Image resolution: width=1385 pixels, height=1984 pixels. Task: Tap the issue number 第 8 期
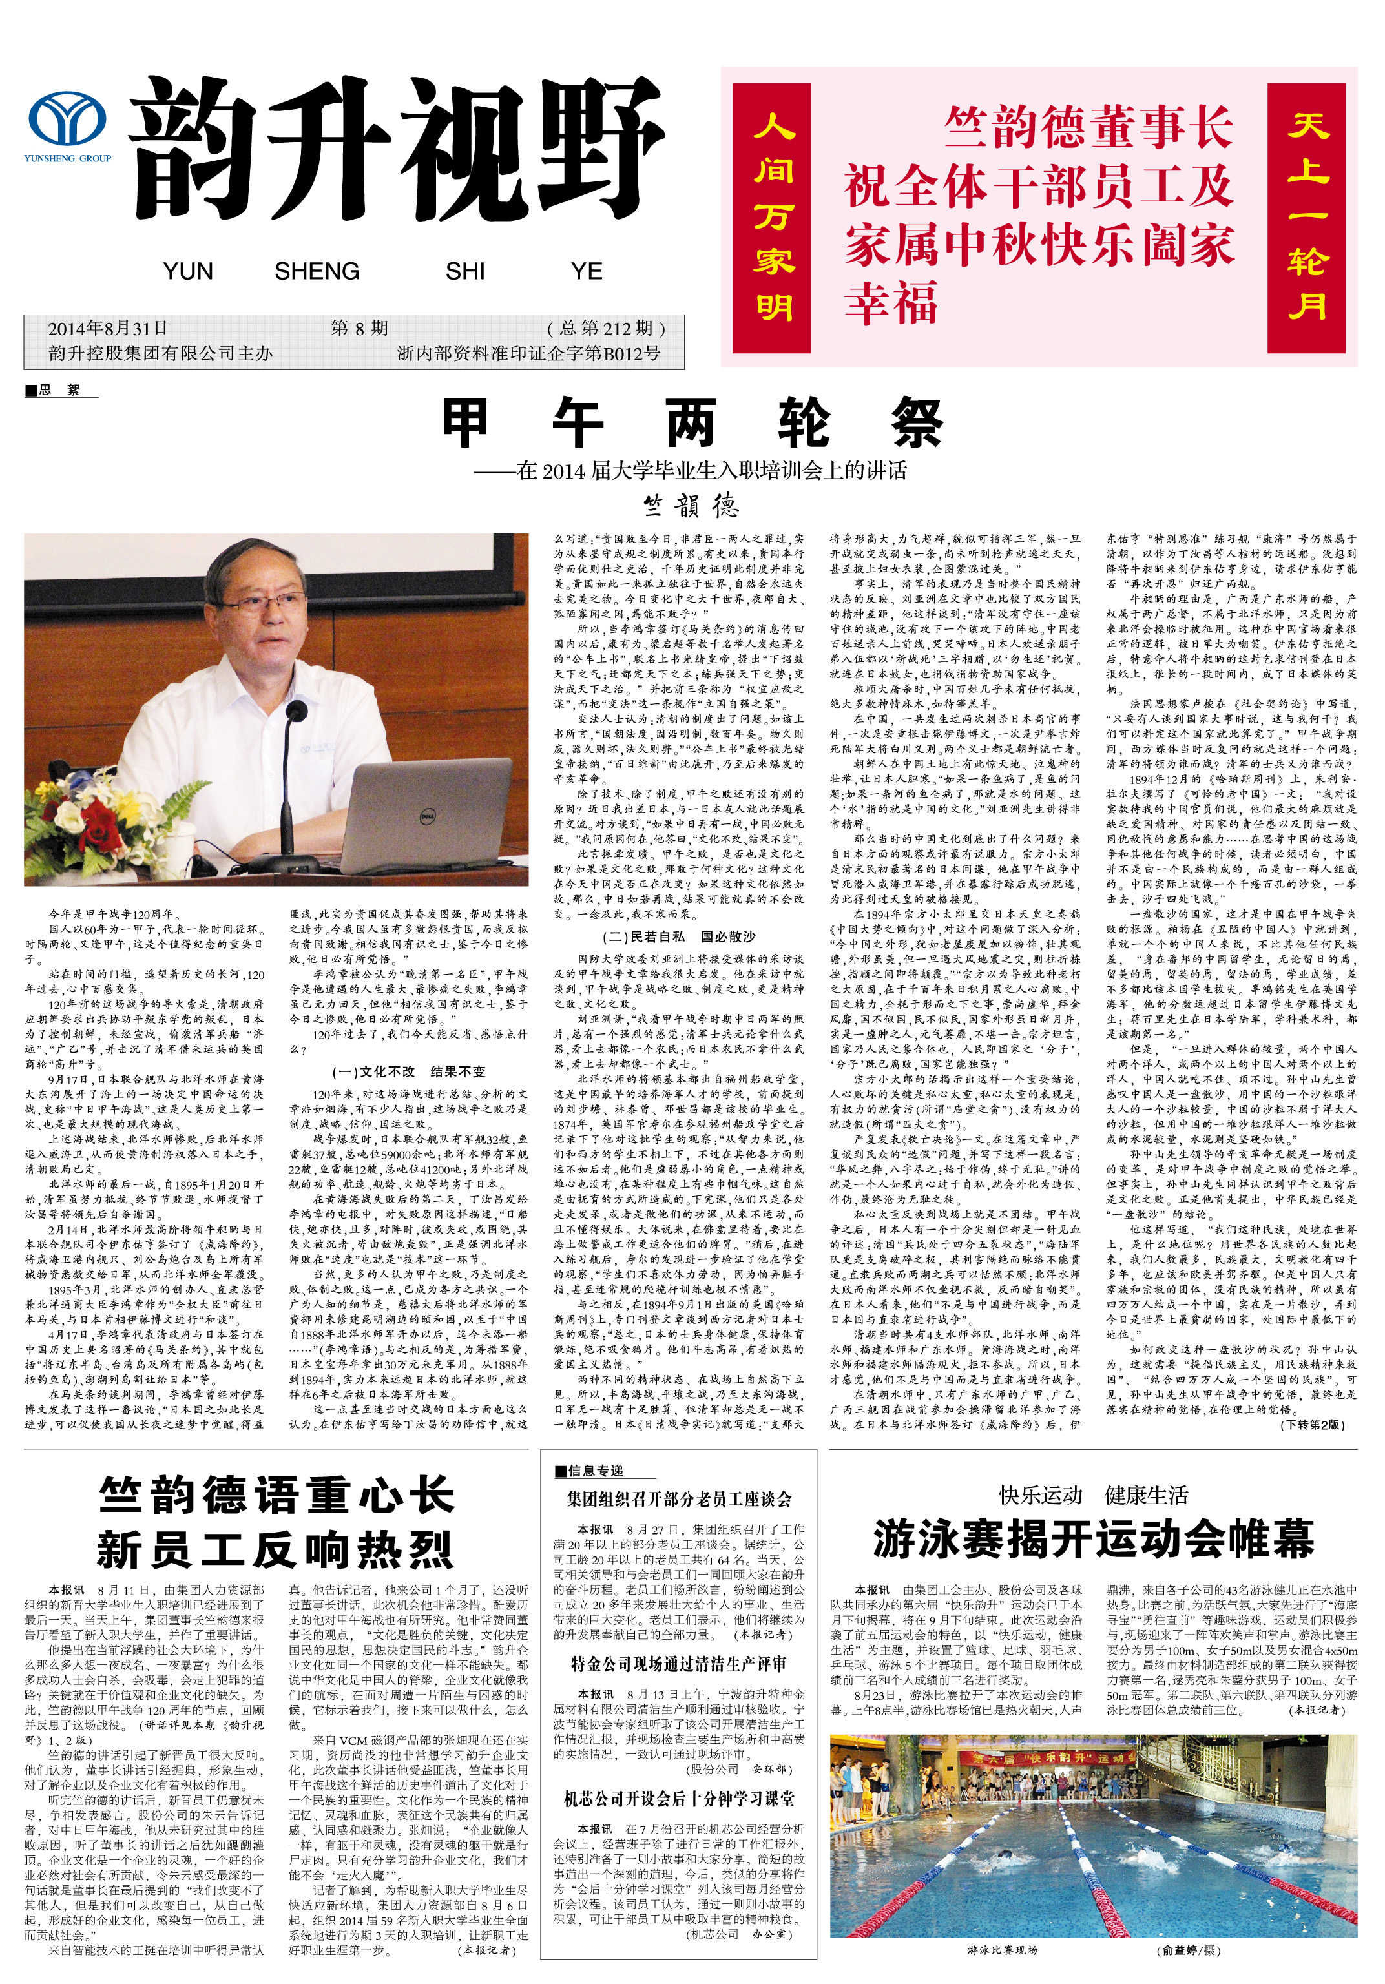click(x=360, y=328)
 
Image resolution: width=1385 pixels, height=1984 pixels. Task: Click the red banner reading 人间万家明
click(x=773, y=218)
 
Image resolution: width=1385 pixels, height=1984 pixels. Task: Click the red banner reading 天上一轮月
click(x=1306, y=218)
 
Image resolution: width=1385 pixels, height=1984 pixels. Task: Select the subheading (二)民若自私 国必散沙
click(x=679, y=936)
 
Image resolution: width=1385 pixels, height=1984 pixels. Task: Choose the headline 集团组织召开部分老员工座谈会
click(x=679, y=1499)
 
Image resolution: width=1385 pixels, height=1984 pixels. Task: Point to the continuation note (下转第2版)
click(x=1311, y=1425)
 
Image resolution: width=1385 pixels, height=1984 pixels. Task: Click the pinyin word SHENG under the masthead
click(x=317, y=271)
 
